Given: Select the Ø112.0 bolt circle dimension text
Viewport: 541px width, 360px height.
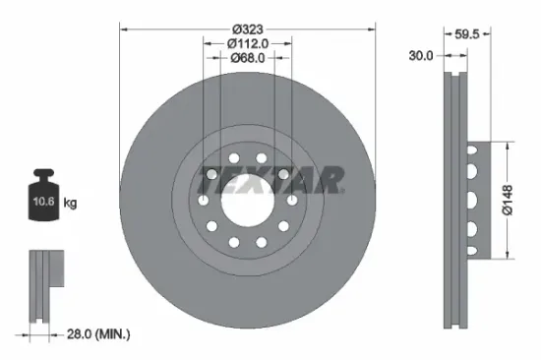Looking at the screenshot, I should point(248,43).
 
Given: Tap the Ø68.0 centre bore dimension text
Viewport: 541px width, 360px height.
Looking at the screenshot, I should point(248,57).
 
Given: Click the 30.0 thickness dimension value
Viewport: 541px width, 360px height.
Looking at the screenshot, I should point(421,56).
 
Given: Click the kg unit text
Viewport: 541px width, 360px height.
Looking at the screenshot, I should point(70,204).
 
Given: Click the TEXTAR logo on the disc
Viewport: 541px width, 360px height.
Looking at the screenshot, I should point(270,180).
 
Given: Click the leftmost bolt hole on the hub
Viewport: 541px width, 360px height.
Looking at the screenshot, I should point(204,202).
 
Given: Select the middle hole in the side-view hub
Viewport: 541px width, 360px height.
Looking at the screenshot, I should point(474,201).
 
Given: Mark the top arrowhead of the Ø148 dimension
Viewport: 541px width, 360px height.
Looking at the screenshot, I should point(509,145).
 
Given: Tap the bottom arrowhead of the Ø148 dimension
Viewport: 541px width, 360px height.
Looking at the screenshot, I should point(509,258).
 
